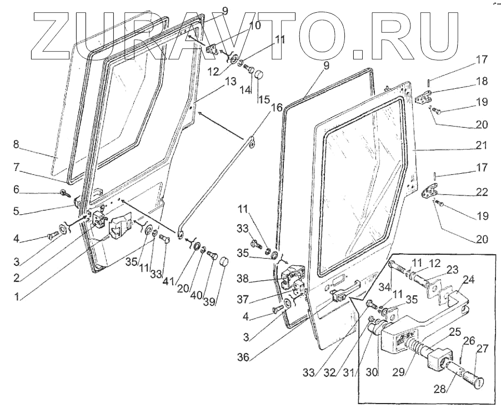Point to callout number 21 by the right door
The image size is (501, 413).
pos(482,145)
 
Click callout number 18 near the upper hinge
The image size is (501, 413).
pos(482,81)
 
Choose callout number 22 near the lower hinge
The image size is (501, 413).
pos(482,192)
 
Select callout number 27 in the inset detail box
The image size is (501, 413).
pos(482,348)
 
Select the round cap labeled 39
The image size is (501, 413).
pos(224,261)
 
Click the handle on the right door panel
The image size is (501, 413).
pos(345,292)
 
